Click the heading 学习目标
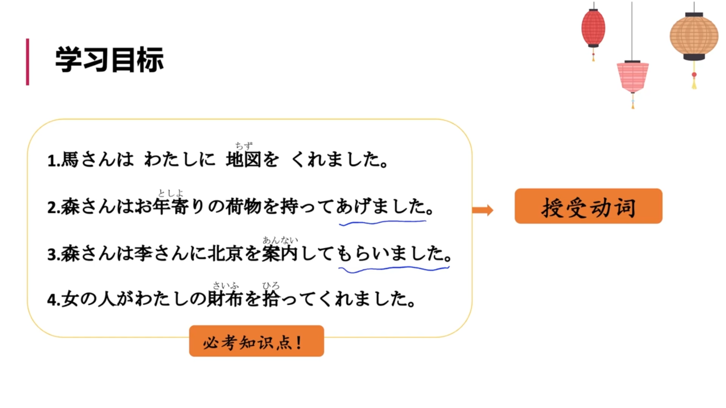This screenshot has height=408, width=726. [x=109, y=60]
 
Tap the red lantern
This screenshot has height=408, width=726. [x=593, y=28]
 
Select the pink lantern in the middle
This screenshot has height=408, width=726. [x=633, y=77]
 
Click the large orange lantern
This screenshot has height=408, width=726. [x=694, y=36]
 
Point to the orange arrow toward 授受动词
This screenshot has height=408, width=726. [x=483, y=210]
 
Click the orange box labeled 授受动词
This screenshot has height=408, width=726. [x=588, y=206]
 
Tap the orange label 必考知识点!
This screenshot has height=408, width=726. [x=256, y=341]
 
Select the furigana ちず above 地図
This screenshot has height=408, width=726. [x=244, y=145]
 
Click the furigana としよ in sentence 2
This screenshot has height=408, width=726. [x=170, y=193]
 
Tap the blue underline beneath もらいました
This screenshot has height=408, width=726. [x=393, y=269]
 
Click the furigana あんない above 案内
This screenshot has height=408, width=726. [x=280, y=240]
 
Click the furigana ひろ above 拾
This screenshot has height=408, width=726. [x=271, y=286]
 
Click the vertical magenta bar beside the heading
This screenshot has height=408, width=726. [x=27, y=62]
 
